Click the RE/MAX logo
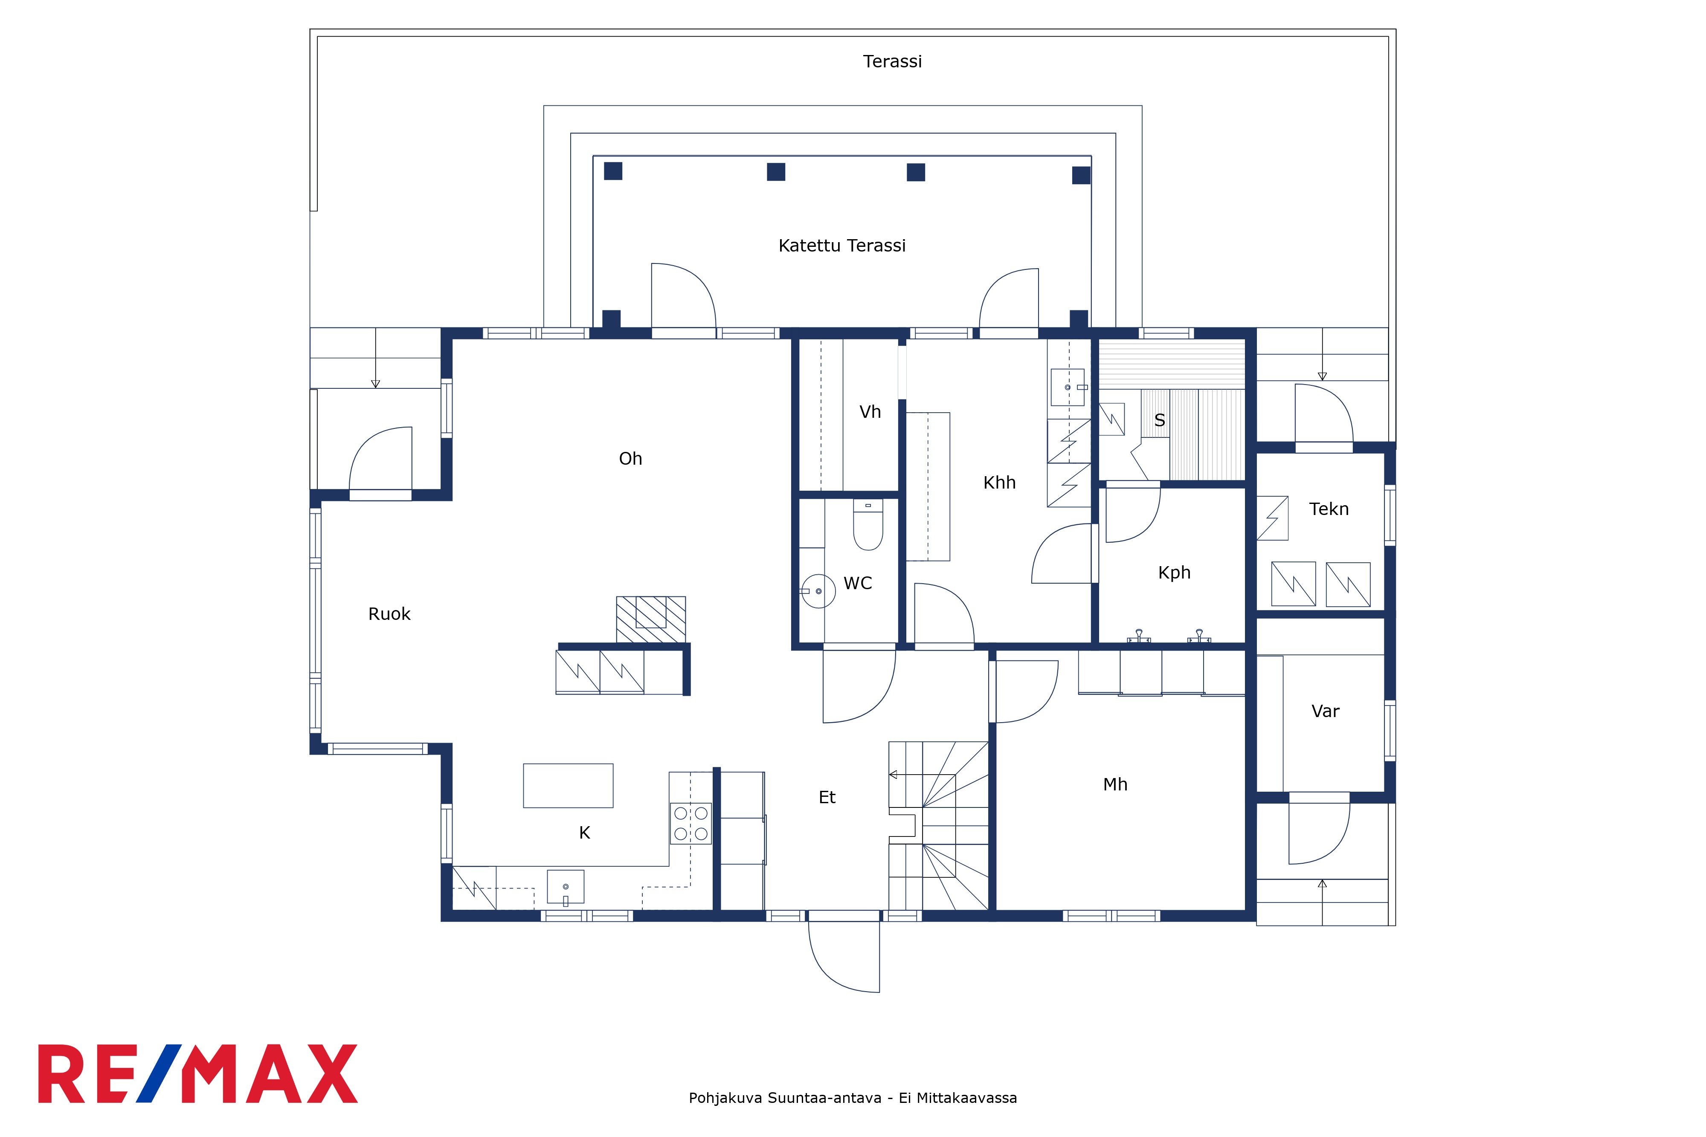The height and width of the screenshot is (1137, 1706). (197, 1074)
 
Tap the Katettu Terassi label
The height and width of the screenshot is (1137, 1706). (841, 246)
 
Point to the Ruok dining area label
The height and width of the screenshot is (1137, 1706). (389, 614)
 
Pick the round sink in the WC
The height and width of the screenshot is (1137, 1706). (818, 591)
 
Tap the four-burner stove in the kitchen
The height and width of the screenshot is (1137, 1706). (691, 824)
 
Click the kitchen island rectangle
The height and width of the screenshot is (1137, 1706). (568, 785)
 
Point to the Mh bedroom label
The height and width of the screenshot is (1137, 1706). (1115, 784)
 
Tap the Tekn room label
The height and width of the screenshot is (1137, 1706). (1329, 509)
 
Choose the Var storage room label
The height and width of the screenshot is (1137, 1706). (1325, 712)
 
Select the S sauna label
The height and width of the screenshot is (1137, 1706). (1159, 420)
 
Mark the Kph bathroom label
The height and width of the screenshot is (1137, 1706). (1174, 573)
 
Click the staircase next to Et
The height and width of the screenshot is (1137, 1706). (939, 825)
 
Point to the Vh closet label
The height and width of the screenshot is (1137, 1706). (870, 412)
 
